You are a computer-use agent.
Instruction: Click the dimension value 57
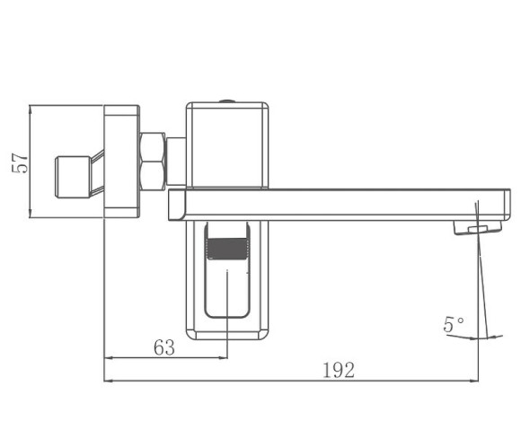tap(20, 163)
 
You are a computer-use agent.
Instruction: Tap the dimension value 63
tap(164, 347)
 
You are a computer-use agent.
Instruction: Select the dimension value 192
tap(339, 370)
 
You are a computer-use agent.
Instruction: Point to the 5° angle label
tap(454, 324)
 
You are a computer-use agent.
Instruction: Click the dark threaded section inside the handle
tap(227, 249)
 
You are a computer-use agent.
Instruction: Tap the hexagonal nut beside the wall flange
tap(152, 162)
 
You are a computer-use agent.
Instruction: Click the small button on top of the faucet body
tap(227, 101)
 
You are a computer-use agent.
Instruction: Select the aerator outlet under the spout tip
tap(478, 228)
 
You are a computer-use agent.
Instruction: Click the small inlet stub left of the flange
tap(73, 177)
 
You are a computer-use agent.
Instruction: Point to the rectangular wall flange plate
tap(121, 162)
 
